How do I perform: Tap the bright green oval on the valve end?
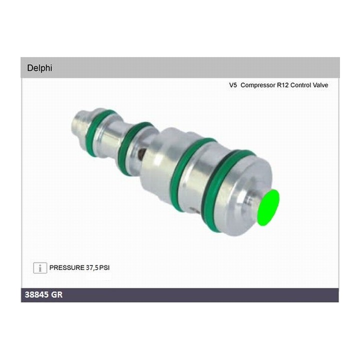[x=268, y=208]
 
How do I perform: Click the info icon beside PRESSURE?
[x=40, y=267]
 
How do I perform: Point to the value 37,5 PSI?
[x=97, y=267]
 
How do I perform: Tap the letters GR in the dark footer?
[x=56, y=295]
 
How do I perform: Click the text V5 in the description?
[x=233, y=85]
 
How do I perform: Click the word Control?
[x=303, y=85]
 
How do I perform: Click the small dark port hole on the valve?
[x=143, y=153]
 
